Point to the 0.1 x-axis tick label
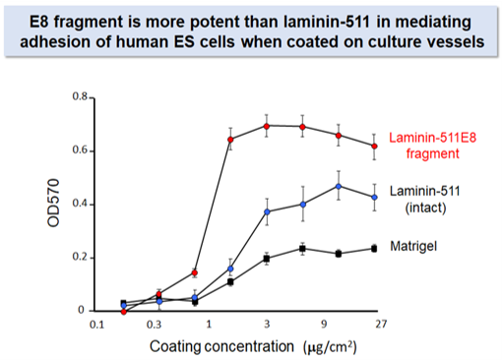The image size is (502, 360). click(x=96, y=324)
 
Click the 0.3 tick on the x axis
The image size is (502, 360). click(x=153, y=324)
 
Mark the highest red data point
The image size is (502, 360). click(x=267, y=126)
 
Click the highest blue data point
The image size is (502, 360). click(x=339, y=186)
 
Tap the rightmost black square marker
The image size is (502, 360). click(x=374, y=248)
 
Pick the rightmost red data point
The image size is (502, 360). click(x=374, y=146)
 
